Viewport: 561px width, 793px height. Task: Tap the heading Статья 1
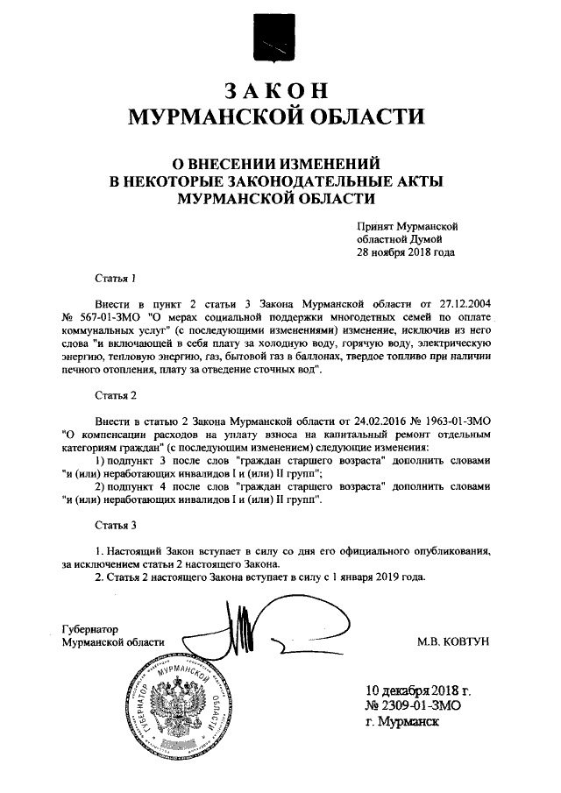pyautogui.click(x=116, y=280)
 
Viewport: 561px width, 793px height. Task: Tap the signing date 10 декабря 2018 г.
pyautogui.click(x=420, y=688)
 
